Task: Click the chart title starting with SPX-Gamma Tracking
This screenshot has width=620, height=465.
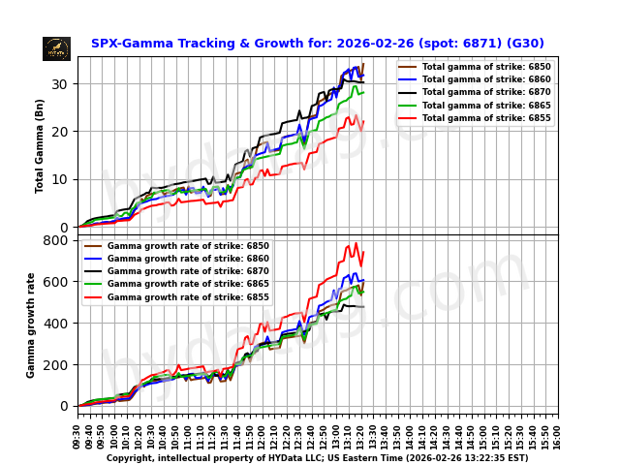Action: tap(317, 44)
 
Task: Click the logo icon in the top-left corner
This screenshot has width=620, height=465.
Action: tap(56, 48)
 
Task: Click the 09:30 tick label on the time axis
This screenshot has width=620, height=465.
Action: tap(77, 431)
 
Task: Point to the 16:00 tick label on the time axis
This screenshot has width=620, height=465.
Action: tap(558, 431)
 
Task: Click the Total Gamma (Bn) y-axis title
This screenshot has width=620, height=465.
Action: tap(41, 145)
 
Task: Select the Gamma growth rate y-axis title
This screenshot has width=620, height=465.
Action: tap(31, 325)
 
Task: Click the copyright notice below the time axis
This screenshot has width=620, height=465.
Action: tap(317, 458)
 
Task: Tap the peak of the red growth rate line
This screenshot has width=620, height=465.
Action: tap(356, 243)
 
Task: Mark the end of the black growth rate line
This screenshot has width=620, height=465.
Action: tap(363, 307)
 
